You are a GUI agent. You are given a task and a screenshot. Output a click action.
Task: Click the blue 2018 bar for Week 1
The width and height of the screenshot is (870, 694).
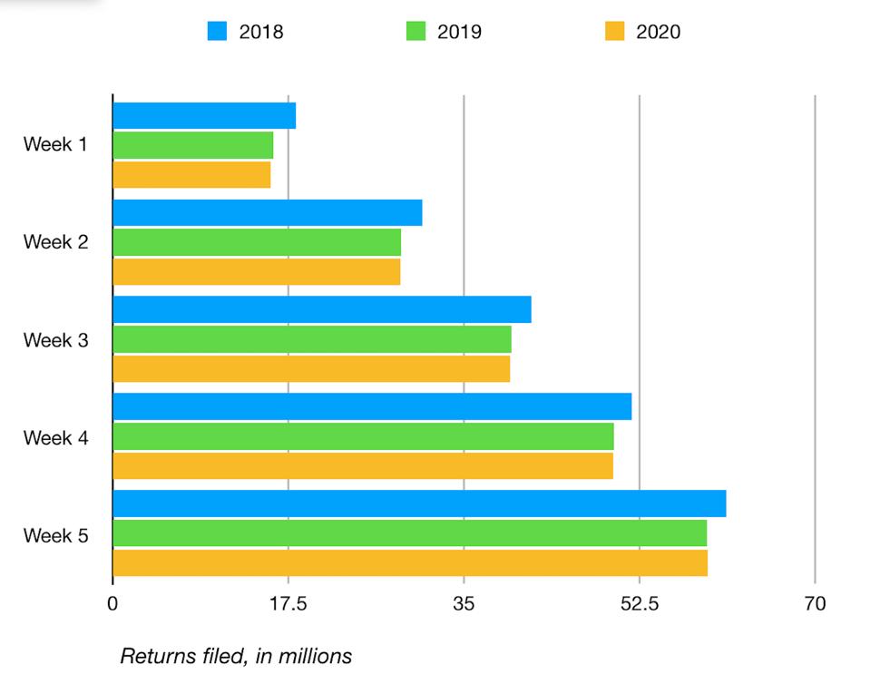coord(204,116)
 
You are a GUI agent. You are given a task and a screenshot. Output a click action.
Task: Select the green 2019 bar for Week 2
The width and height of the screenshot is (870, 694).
coord(257,242)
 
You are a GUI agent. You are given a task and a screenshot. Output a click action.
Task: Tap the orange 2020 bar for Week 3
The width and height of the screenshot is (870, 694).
coord(311,368)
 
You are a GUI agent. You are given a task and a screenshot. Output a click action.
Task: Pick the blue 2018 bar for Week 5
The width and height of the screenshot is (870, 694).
coord(419,503)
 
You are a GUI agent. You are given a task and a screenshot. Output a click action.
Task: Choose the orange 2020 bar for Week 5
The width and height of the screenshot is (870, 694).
coord(410,562)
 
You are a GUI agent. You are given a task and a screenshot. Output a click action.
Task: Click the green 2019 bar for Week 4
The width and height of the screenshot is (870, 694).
coord(363,436)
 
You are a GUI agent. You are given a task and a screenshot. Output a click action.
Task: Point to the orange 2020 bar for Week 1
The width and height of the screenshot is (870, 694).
coord(191,174)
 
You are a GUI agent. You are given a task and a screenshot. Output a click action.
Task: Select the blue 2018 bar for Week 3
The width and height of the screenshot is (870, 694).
coord(322,309)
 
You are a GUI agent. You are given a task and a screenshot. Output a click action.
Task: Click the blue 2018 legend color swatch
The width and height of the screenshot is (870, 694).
coord(216,32)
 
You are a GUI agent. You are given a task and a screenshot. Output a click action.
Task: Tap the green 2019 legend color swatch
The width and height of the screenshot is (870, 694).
coord(415,32)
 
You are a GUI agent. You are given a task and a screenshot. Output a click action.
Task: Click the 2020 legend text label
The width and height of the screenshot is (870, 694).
coord(658,33)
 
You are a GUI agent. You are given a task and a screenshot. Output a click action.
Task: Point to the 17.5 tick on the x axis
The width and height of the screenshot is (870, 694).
coord(288,603)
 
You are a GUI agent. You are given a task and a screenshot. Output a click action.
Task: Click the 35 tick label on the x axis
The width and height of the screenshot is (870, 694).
coord(464,603)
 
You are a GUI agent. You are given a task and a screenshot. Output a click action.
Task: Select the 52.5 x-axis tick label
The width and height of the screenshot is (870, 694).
coord(640,603)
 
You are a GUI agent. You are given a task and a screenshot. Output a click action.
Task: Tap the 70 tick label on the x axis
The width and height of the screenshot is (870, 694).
coord(815,603)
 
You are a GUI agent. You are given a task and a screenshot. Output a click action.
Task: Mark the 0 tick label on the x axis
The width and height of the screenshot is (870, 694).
coord(112,603)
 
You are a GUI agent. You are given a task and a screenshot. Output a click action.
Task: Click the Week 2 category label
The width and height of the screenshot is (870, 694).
coord(55,242)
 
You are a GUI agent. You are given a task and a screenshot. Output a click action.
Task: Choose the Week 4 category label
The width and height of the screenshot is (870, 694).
coord(55,438)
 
